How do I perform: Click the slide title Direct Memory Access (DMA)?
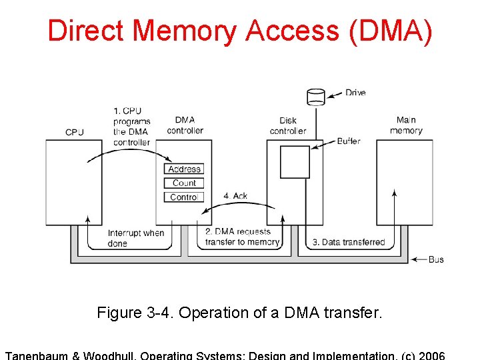(240, 31)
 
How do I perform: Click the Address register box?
(184, 169)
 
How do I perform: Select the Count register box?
(184, 183)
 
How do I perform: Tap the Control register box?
(184, 197)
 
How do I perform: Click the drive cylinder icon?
(316, 97)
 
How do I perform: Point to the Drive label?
(355, 93)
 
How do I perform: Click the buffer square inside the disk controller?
(295, 162)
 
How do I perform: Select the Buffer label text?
(349, 141)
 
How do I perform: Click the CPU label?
(75, 132)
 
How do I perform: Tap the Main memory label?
(406, 125)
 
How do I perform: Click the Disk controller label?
(288, 125)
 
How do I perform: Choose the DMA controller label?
(185, 125)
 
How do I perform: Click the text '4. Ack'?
(235, 196)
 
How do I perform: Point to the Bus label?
(436, 259)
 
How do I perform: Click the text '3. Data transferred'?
(349, 242)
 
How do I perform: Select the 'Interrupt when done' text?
(135, 238)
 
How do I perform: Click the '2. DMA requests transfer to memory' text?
(241, 237)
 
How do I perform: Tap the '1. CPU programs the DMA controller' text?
(131, 127)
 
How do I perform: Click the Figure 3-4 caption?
(240, 313)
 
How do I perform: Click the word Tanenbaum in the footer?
(37, 355)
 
